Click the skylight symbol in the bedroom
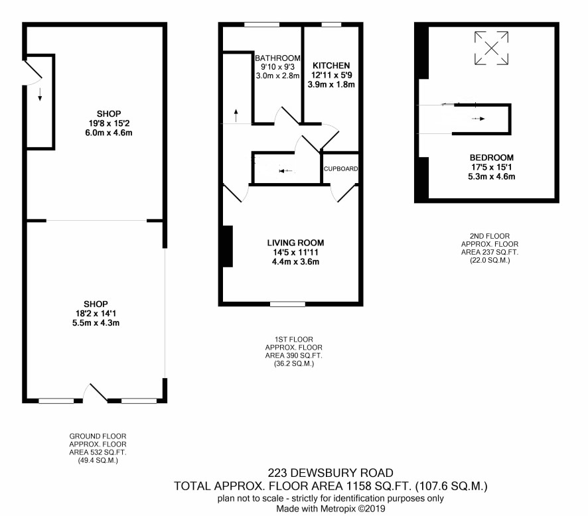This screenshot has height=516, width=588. (491, 48)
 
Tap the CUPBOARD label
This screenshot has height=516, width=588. (340, 169)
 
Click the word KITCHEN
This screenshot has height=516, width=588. (331, 66)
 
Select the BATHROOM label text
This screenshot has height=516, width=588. (277, 58)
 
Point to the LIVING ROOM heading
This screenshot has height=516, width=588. (295, 243)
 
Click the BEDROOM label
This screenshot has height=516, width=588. (491, 158)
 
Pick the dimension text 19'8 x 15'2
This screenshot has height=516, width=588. (109, 123)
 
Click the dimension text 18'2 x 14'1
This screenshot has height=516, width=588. (96, 314)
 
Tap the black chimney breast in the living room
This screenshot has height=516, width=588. (228, 246)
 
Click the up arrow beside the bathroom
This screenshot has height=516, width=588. (236, 115)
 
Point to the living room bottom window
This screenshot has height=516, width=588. (287, 304)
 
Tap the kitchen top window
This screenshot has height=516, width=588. (332, 25)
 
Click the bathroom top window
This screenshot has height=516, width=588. (261, 25)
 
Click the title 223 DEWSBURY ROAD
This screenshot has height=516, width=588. (331, 473)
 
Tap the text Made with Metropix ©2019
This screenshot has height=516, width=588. (331, 509)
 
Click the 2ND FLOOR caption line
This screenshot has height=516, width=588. (490, 236)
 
